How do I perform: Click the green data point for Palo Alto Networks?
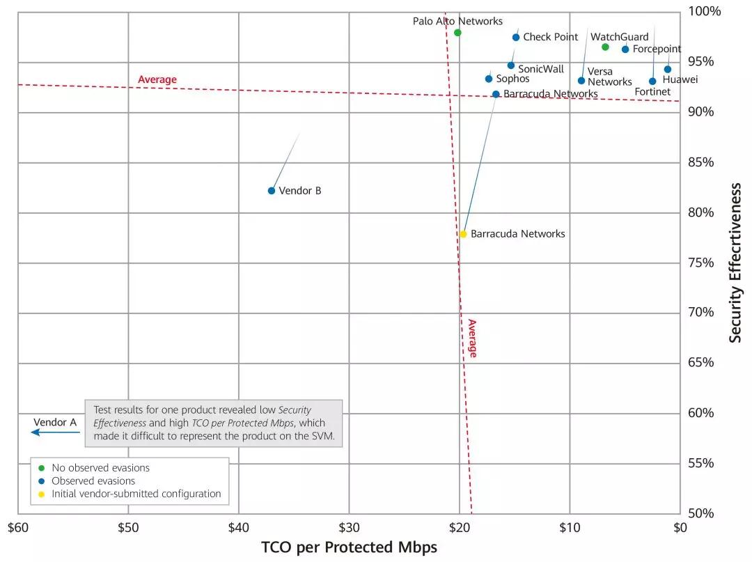point(457,33)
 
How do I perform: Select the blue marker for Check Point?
point(516,38)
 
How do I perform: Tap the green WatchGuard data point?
point(605,47)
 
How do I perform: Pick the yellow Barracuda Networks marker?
point(463,234)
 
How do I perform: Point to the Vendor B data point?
point(272,191)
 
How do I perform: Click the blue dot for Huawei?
point(668,70)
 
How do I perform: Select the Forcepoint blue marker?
point(625,49)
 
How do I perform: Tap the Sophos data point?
point(489,79)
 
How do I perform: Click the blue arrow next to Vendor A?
point(55,432)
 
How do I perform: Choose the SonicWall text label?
point(541,70)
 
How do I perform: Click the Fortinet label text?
point(652,92)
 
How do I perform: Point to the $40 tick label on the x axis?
point(238,528)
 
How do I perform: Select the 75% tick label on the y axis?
point(701,263)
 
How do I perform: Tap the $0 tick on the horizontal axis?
point(680,528)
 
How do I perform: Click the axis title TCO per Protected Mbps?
point(349,547)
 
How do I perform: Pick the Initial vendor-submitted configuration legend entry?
point(136,494)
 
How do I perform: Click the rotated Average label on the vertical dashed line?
point(472,338)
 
